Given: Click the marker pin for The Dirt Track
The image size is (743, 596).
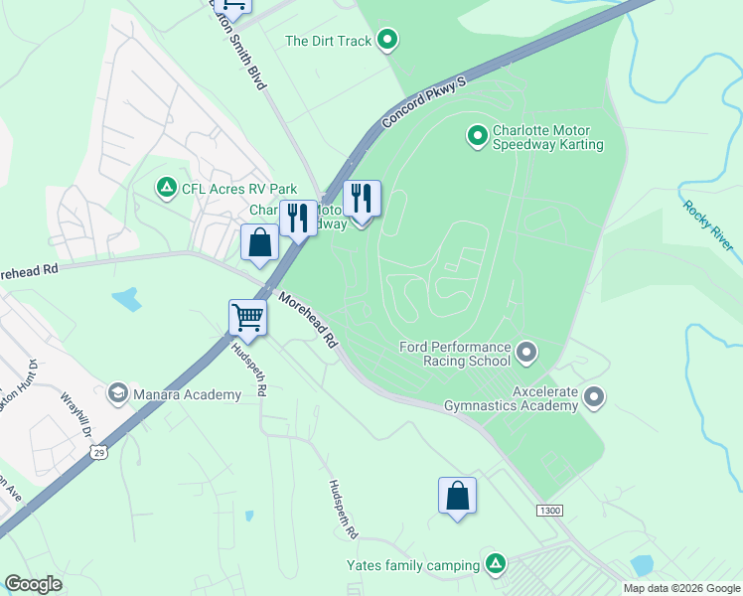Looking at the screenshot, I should pos(388,41).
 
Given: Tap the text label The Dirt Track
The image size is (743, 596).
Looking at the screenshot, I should pos(328,41).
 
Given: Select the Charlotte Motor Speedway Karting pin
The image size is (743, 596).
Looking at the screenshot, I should pos(478,133).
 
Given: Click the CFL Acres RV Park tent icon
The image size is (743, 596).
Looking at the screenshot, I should pos(166,187).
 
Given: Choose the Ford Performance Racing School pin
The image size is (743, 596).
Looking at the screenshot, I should pos(526,353).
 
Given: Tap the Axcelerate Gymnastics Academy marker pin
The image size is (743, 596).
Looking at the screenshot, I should pos(595,398).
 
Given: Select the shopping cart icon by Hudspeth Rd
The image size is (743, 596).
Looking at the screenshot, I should pos(247,318).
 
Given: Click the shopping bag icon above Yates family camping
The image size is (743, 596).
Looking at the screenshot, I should pos(457,496).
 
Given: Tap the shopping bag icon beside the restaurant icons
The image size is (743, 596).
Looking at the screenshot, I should pos(259,242).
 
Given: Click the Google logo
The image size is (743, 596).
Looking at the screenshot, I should pos(33,584).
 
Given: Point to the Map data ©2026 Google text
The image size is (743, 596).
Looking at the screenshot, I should pos(680,588).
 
